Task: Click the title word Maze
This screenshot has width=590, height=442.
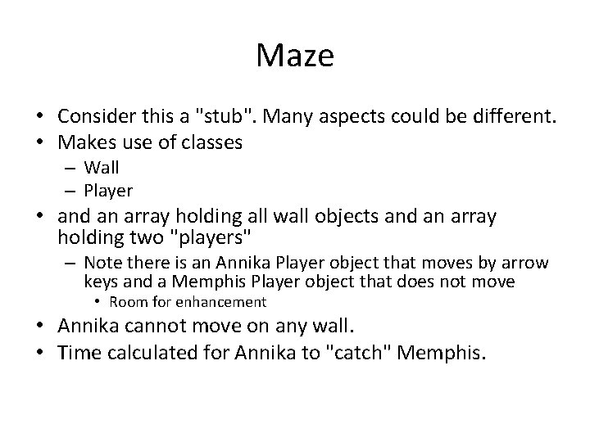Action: tap(294, 56)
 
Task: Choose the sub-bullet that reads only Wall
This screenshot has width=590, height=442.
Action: tap(102, 169)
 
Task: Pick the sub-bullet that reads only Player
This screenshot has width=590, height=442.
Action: tap(108, 190)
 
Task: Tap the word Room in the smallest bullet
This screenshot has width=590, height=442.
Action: tap(136, 302)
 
